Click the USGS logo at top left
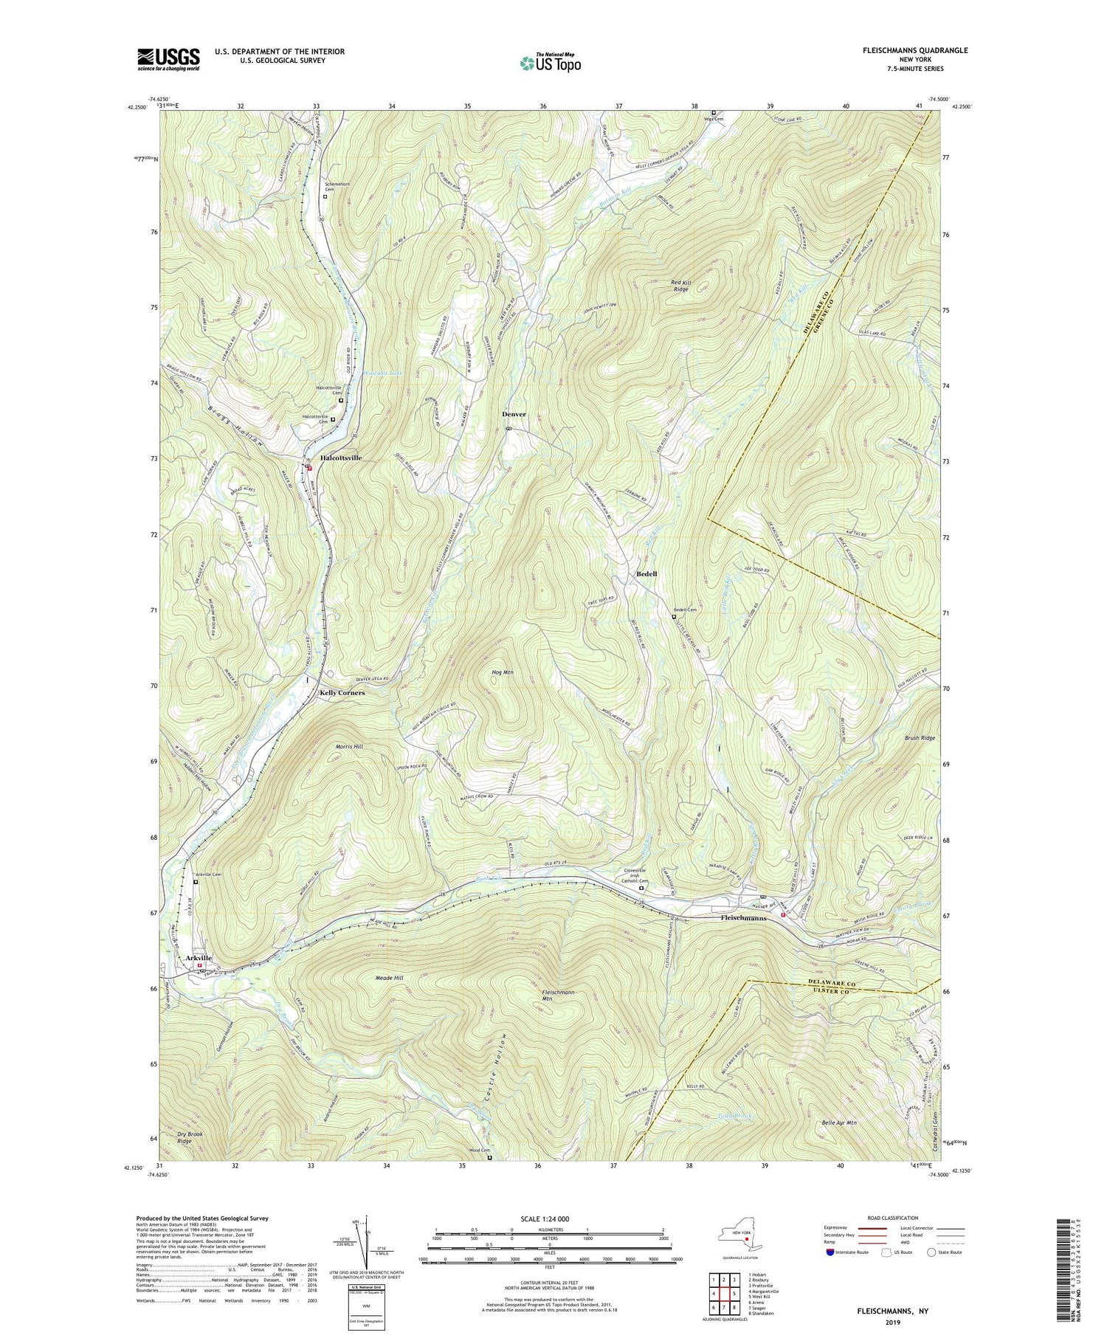tap(168, 58)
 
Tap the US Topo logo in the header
tap(550, 63)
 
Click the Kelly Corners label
tap(342, 694)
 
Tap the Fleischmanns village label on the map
tap(742, 919)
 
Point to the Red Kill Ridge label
tap(680, 286)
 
